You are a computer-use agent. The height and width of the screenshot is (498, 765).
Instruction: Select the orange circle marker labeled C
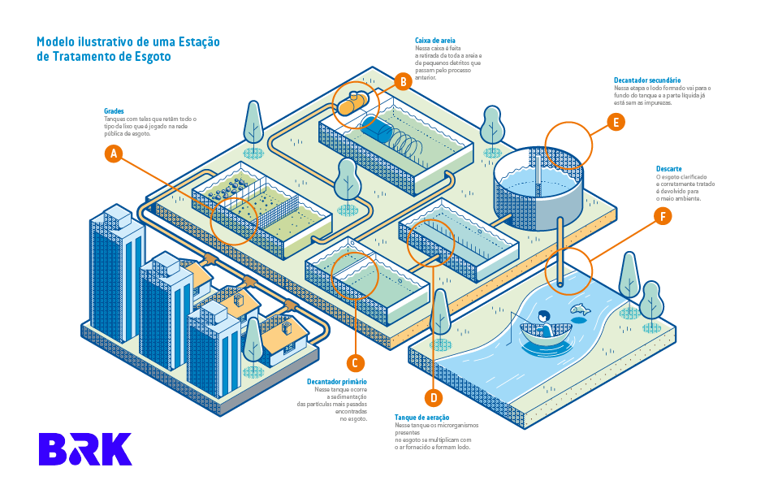click(x=354, y=363)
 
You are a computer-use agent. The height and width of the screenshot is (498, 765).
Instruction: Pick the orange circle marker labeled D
click(x=433, y=397)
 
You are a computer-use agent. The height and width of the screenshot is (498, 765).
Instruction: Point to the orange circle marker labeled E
click(x=616, y=123)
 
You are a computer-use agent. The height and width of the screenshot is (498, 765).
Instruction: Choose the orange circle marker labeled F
click(x=663, y=216)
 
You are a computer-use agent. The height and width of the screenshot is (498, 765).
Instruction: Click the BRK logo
click(x=85, y=449)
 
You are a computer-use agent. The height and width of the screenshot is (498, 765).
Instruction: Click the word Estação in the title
click(x=196, y=41)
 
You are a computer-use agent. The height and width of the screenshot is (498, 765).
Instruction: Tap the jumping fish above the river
click(x=580, y=309)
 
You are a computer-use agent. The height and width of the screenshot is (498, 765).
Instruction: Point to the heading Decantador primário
click(x=336, y=381)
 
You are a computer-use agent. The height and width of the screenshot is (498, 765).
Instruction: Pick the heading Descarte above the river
click(x=668, y=168)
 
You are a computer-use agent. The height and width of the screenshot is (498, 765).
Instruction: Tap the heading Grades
click(x=114, y=110)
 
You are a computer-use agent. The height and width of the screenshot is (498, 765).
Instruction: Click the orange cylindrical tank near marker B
click(x=353, y=104)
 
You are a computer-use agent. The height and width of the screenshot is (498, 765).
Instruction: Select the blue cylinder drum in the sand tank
click(x=376, y=129)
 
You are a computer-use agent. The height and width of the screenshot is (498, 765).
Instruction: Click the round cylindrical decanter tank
click(x=538, y=185)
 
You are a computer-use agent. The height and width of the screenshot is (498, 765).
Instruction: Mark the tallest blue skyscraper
click(x=116, y=260)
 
